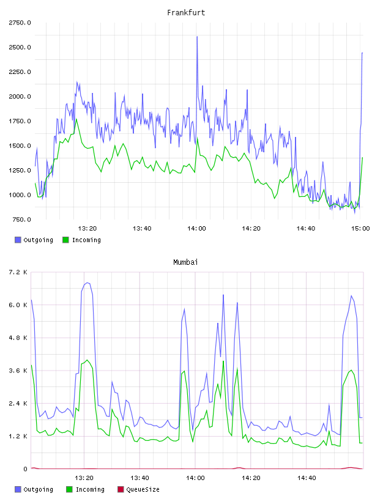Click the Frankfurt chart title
(186, 12)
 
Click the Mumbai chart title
(185, 262)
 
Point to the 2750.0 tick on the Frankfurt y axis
(20, 23)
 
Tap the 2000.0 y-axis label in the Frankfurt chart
(20, 97)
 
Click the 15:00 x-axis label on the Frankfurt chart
(360, 229)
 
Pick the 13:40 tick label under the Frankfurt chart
(142, 229)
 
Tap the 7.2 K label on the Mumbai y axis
(18, 272)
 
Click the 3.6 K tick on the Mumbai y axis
(18, 371)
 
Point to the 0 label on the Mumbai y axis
(26, 469)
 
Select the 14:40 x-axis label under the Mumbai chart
(307, 478)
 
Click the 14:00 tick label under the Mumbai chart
(195, 478)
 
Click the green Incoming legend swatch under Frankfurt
(65, 240)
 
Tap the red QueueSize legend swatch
(121, 489)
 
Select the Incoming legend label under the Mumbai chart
(90, 489)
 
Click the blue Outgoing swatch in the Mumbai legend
(18, 489)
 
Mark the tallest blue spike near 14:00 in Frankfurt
(197, 37)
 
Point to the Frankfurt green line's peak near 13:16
(76, 119)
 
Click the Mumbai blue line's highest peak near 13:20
(87, 283)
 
